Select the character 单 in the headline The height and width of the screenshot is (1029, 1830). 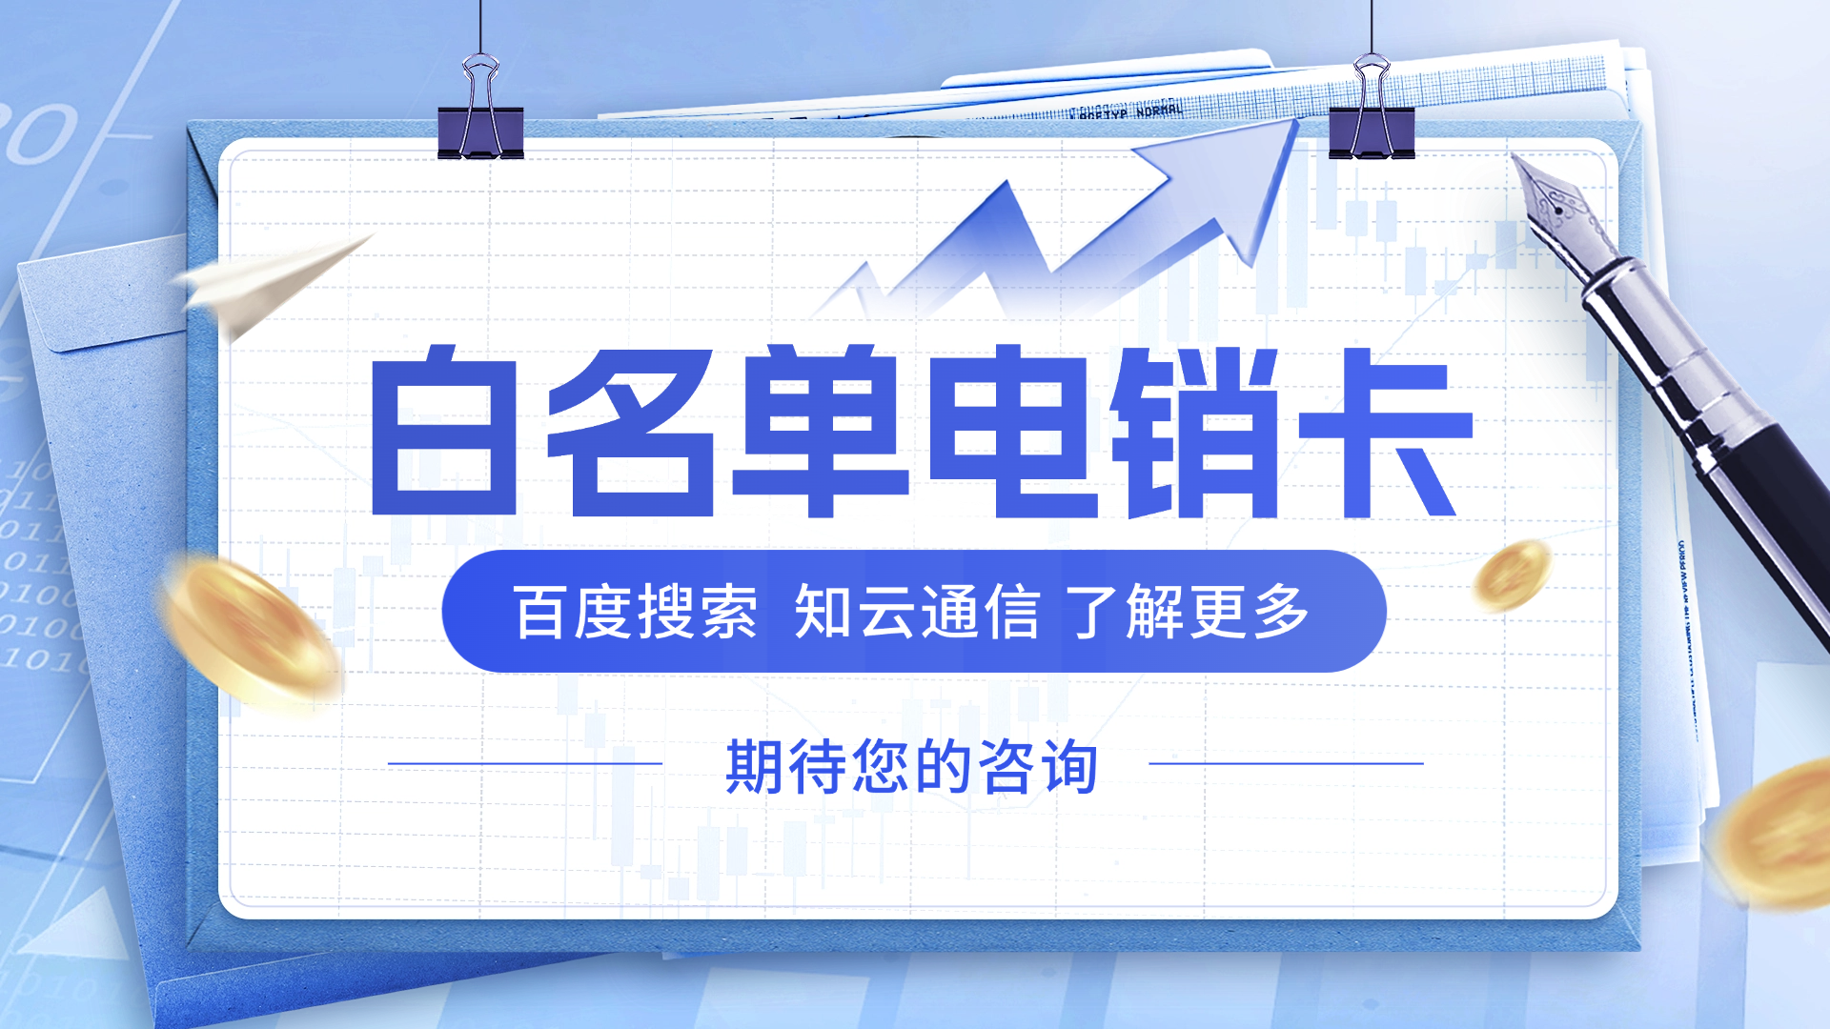pyautogui.click(x=821, y=434)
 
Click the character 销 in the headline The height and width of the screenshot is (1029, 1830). pyautogui.click(x=1195, y=434)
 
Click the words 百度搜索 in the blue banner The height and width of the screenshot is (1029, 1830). pyautogui.click(x=636, y=612)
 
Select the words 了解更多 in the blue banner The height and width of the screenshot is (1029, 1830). pyautogui.click(x=1188, y=612)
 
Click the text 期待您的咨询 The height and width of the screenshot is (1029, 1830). pyautogui.click(x=911, y=766)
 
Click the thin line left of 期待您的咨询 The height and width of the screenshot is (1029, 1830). pyautogui.click(x=525, y=763)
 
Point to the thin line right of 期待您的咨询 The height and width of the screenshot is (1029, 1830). pyautogui.click(x=1286, y=763)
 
